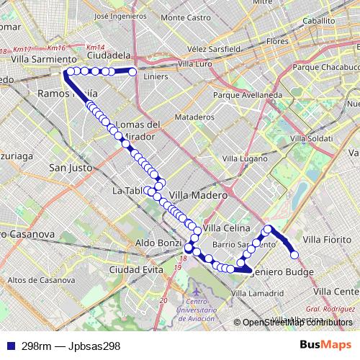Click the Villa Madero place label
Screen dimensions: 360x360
tap(199, 194)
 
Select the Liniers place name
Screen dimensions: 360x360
tap(156, 76)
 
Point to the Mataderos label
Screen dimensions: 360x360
tap(195, 117)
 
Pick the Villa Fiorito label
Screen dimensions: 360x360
tap(328, 238)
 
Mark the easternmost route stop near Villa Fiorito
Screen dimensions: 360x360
tap(294, 253)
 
